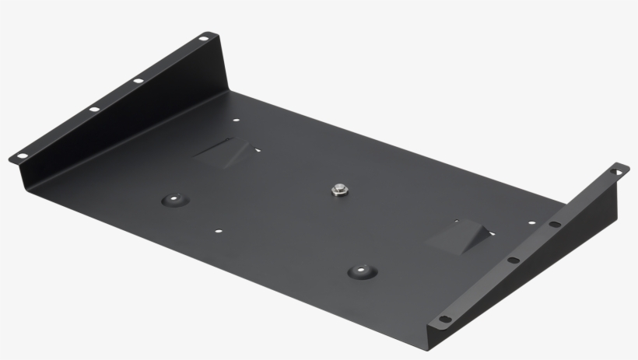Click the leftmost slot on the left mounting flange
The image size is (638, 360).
23,156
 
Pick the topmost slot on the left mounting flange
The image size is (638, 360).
204,37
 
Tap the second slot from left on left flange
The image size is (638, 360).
94,109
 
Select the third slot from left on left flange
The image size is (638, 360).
138,80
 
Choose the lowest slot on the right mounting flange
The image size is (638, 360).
444,318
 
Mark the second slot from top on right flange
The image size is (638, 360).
555,225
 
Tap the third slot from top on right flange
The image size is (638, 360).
514,260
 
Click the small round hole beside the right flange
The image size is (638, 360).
532,223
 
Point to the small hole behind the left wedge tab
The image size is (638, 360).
236,121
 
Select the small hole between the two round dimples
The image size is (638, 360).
219,231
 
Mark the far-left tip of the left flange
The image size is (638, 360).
11,159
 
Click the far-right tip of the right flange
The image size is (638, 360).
628,168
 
